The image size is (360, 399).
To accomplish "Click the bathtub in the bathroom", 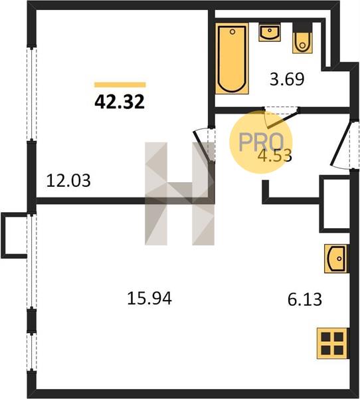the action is point(232,59).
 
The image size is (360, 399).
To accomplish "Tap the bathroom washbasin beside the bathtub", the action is point(270,32).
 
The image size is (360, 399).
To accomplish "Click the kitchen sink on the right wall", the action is point(335,259).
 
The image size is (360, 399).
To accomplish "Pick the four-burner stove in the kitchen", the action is point(332,343).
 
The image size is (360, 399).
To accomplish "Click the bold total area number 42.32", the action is point(120,102).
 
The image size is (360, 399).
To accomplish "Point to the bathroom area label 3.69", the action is point(287,79).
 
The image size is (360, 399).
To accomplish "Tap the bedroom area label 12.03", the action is point(68,181).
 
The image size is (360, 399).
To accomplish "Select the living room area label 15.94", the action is point(149,298).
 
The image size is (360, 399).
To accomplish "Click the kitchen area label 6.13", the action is point(305,299).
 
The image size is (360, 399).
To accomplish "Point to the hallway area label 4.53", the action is point(274,156).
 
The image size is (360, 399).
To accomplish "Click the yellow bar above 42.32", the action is point(120,84).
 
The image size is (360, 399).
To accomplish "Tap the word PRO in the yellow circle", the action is point(261,142).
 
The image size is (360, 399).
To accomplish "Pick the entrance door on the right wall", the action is point(341,145).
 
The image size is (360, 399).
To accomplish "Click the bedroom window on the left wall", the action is point(31,94).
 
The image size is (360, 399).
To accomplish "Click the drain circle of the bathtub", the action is point(232,32).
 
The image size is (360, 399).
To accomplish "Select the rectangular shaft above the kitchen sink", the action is point(335,204).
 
